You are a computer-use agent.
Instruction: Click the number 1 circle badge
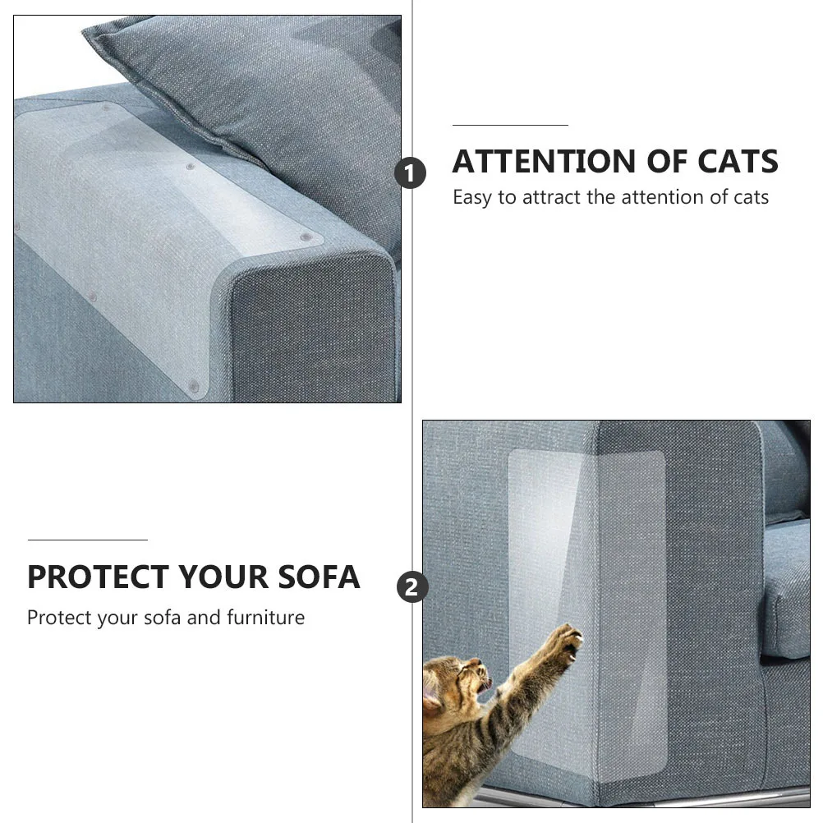pyautogui.click(x=411, y=174)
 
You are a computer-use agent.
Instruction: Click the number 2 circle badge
pyautogui.click(x=412, y=587)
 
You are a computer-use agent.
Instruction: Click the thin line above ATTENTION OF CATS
pyautogui.click(x=510, y=126)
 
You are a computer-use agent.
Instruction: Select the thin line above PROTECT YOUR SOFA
pyautogui.click(x=87, y=540)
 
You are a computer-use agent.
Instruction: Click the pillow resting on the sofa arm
pyautogui.click(x=271, y=90)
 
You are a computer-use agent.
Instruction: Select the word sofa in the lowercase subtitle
pyautogui.click(x=162, y=618)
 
